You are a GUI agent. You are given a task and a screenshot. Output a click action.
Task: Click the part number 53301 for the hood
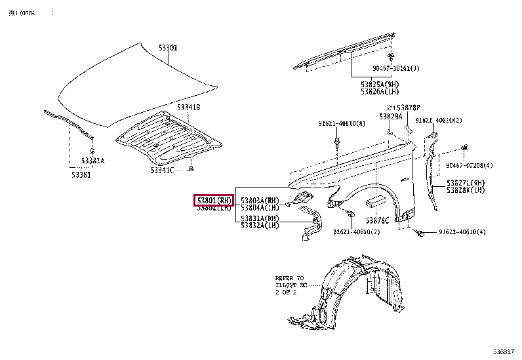(x=168, y=48)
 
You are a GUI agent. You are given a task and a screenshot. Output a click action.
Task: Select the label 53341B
(x=188, y=107)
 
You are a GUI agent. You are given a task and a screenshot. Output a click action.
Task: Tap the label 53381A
(x=92, y=160)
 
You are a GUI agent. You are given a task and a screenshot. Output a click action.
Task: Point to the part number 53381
(x=81, y=174)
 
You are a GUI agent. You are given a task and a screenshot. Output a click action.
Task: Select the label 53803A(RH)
(x=260, y=200)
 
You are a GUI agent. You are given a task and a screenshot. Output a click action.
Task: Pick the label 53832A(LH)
(x=260, y=225)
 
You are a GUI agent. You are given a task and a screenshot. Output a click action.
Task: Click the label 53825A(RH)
(x=379, y=84)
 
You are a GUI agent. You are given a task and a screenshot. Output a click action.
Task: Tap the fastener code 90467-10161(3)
(x=396, y=68)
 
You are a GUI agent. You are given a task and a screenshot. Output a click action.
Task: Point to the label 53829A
(x=390, y=116)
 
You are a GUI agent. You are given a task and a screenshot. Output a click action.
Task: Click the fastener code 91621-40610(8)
(x=342, y=123)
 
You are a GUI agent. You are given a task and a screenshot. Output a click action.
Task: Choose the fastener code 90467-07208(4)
(x=470, y=165)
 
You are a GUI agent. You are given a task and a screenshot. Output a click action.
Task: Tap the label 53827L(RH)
(x=466, y=182)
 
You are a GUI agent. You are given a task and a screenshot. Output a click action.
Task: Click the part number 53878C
(x=377, y=220)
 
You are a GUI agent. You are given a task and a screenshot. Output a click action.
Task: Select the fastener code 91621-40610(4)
(x=462, y=232)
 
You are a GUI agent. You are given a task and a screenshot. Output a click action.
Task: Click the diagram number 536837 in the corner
(x=503, y=353)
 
